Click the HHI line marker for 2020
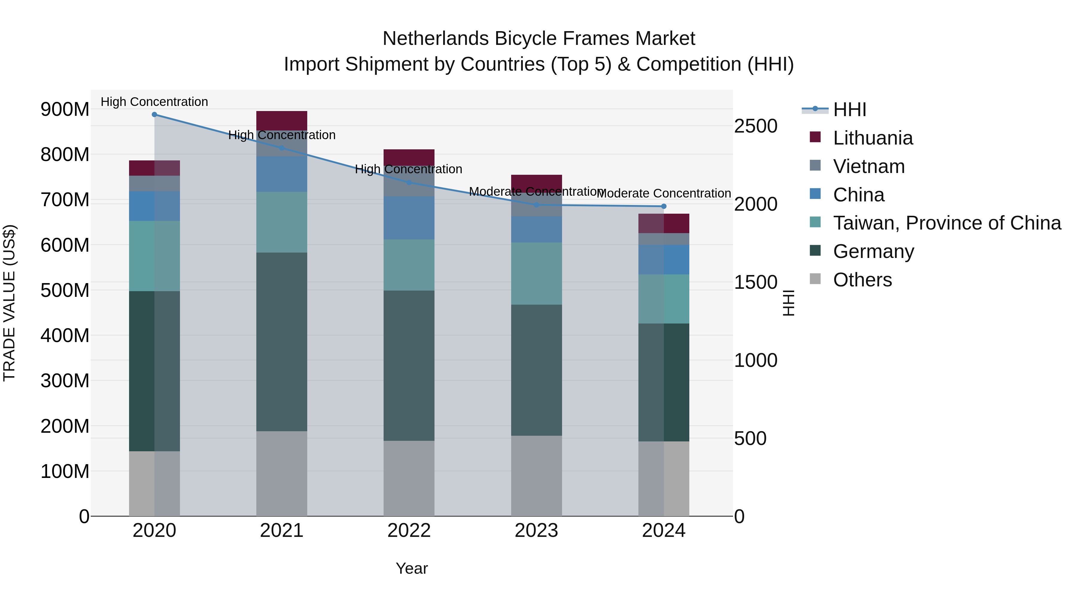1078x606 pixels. (x=155, y=115)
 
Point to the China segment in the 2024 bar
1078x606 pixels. (x=664, y=260)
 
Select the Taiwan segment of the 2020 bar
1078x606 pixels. (x=155, y=256)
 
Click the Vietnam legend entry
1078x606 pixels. (x=869, y=166)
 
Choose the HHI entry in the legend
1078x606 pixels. (x=849, y=110)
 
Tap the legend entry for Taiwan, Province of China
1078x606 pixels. (x=947, y=223)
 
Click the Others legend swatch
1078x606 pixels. (x=815, y=279)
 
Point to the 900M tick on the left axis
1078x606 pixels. (x=65, y=110)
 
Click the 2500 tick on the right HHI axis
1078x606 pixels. (x=756, y=126)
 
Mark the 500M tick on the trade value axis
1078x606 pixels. (x=65, y=290)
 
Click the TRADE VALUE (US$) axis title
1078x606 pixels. (x=9, y=303)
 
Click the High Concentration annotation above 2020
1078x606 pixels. (x=155, y=102)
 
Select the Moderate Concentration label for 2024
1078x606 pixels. (x=664, y=194)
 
